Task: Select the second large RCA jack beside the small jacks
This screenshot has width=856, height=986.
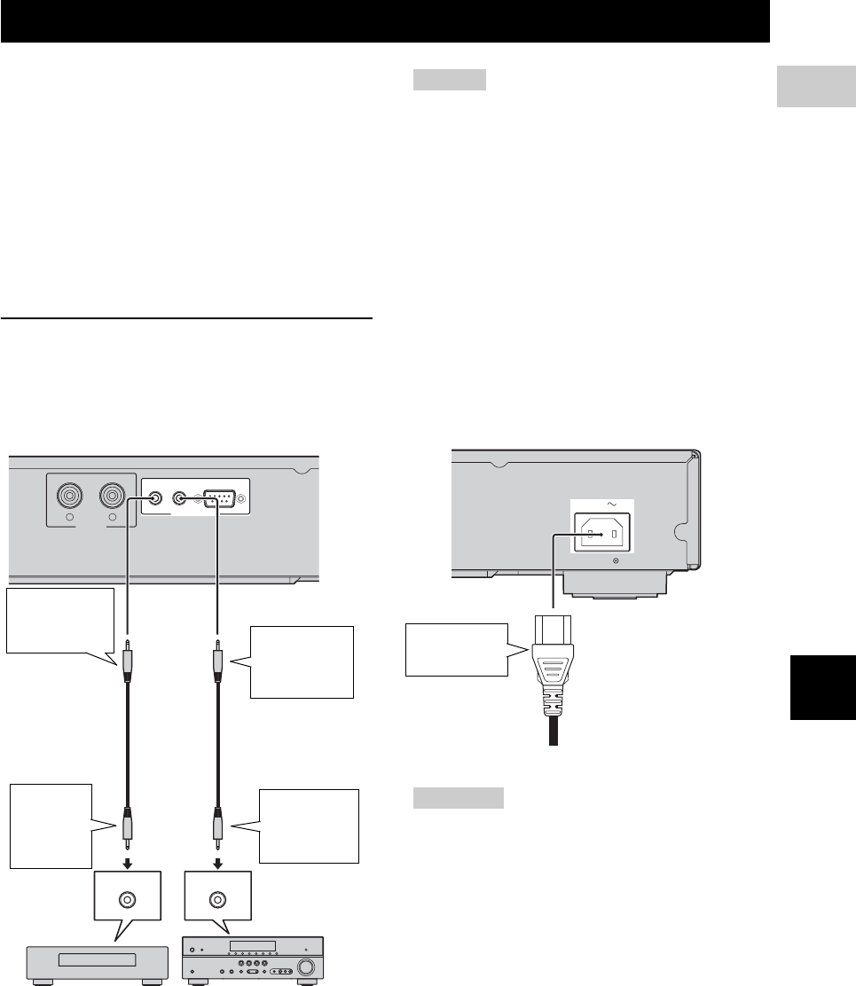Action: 114,496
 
